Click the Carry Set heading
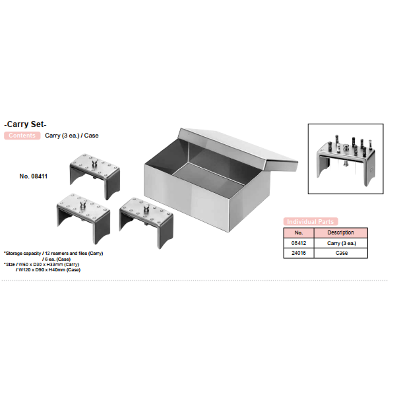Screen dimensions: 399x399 point(25,124)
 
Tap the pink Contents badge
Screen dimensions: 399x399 point(22,136)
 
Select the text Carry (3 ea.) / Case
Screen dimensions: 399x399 point(72,136)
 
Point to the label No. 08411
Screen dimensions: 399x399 point(33,176)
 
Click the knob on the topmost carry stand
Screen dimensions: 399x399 point(94,163)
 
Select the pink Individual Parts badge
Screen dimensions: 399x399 point(310,221)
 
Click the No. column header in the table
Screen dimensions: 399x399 point(299,233)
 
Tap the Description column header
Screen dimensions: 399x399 point(341,233)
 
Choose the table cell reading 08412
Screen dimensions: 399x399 point(299,243)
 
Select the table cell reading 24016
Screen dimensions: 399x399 point(299,253)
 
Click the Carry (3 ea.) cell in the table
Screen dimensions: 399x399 point(341,243)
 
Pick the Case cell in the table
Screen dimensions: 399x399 point(341,253)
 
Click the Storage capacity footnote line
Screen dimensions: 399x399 point(54,253)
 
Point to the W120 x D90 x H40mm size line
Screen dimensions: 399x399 point(48,270)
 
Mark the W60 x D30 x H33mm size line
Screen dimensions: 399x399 point(43,264)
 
